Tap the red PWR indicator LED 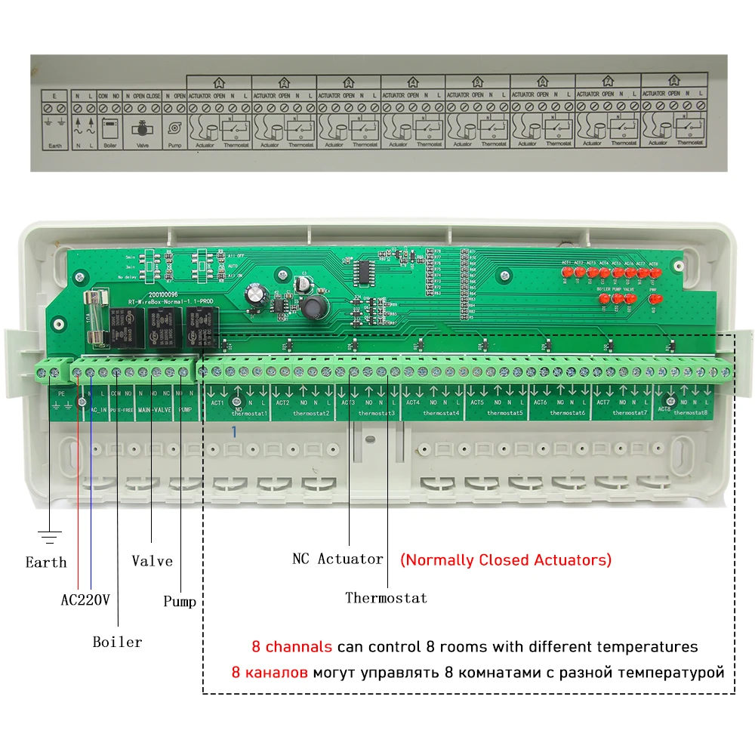point(654,300)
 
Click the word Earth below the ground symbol point(46,562)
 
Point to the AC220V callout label point(85,601)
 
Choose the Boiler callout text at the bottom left point(117,643)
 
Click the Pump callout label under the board point(180,602)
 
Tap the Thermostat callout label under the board point(386,598)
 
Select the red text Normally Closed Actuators point(506,560)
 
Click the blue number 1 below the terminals point(235,431)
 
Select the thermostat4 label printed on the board point(441,414)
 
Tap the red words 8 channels point(291,647)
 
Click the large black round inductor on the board point(312,307)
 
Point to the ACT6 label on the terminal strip point(540,402)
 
